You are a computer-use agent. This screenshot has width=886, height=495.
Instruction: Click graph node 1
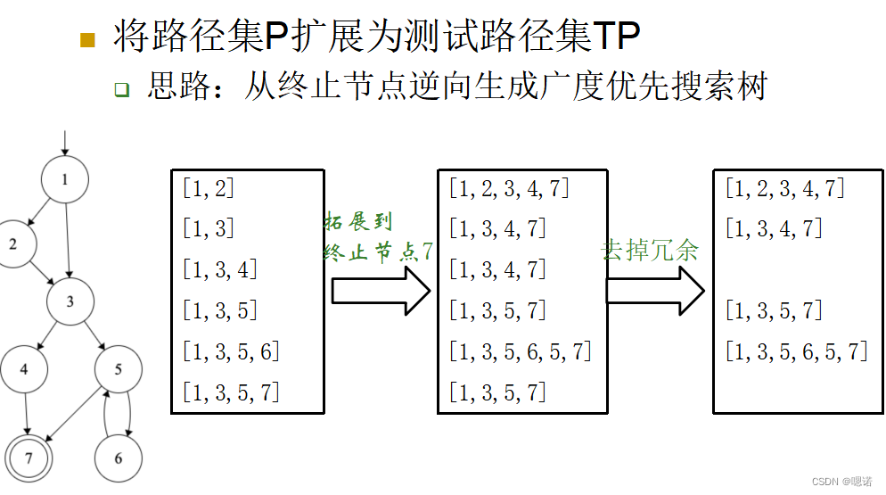(x=65, y=180)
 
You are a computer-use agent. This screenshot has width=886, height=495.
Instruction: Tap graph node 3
(x=70, y=301)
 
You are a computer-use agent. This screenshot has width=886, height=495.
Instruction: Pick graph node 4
(x=24, y=369)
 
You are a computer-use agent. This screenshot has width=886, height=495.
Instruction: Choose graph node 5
(x=119, y=369)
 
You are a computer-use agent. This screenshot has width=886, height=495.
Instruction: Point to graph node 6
(x=119, y=458)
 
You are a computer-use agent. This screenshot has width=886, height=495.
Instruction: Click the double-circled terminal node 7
(x=29, y=458)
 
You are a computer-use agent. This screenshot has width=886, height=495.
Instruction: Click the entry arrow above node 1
(x=65, y=143)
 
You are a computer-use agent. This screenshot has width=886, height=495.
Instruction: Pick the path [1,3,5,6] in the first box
(x=231, y=351)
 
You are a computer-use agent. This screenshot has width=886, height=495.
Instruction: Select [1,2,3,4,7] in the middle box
(x=509, y=188)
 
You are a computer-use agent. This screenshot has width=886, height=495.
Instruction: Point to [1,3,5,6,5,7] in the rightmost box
(x=796, y=351)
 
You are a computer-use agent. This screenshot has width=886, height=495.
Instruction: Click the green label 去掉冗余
(x=651, y=250)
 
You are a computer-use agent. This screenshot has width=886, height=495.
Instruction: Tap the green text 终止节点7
(x=378, y=252)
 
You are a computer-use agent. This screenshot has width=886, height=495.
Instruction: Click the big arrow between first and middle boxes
(x=381, y=291)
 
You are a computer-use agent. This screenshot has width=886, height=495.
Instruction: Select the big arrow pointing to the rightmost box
(x=655, y=291)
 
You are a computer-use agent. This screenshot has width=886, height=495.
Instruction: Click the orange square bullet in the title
(x=87, y=39)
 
